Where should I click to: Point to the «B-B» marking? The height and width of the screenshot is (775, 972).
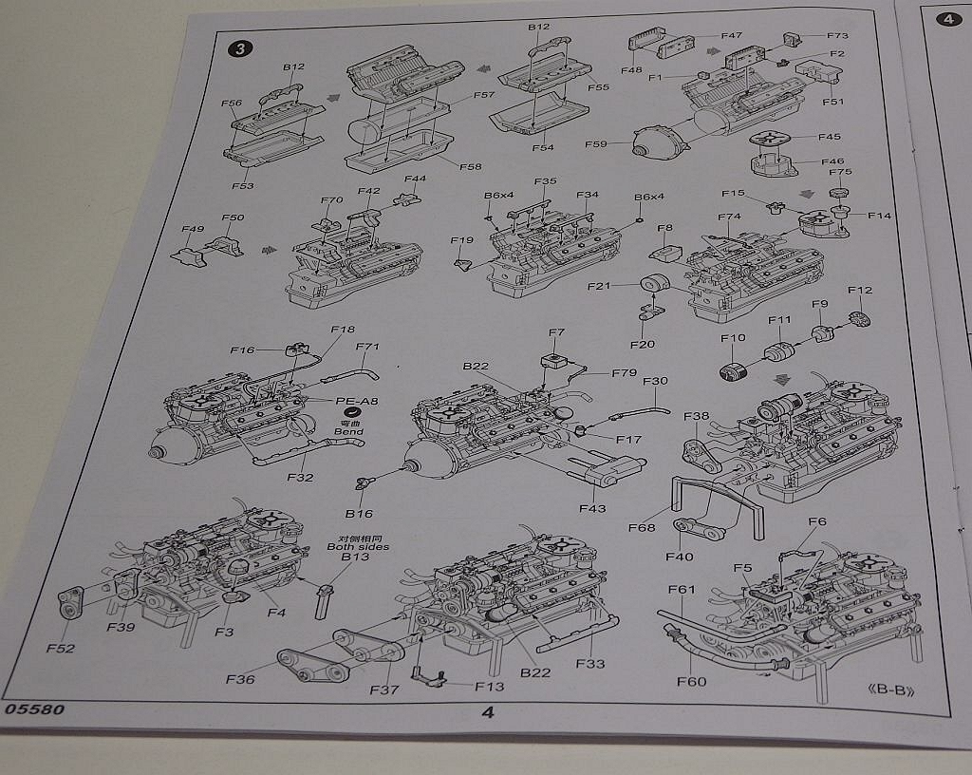(892, 690)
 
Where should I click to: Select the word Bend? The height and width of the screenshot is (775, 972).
(348, 431)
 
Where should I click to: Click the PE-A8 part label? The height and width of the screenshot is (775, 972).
(357, 402)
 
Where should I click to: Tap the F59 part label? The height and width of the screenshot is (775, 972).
(596, 144)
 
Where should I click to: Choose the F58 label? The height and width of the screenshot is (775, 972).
(470, 166)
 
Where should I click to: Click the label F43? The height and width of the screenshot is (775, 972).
(591, 509)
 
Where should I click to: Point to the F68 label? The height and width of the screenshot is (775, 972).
(643, 525)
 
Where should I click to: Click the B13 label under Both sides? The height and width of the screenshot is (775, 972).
(353, 558)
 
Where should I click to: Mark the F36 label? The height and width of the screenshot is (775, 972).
(241, 678)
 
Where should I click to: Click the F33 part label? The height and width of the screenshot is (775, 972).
(589, 663)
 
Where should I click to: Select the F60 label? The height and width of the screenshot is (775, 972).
(691, 681)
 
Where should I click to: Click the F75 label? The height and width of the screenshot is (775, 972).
(840, 173)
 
